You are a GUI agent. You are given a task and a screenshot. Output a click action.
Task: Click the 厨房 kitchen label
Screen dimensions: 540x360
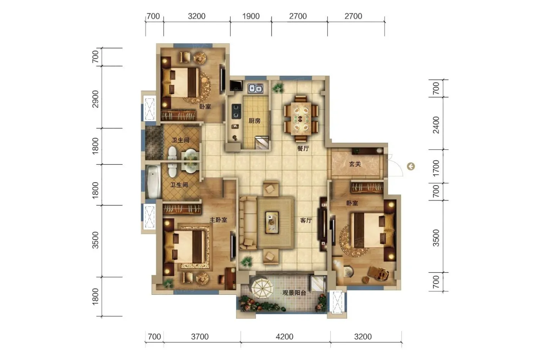[255, 120]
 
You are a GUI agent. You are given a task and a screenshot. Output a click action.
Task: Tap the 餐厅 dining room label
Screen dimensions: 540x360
[303, 148]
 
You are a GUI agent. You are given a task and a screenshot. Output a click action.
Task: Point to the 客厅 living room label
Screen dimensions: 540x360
[306, 220]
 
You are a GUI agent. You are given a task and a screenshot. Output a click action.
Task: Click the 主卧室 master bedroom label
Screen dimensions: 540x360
[218, 220]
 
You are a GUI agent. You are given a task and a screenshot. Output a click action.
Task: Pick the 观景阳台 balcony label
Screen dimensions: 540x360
[294, 293]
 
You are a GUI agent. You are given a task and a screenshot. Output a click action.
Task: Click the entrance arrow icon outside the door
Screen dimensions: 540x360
[411, 166]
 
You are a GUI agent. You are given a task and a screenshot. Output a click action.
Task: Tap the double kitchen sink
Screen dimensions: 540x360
[255, 88]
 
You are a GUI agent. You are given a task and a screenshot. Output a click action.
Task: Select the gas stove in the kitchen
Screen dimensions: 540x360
[236, 111]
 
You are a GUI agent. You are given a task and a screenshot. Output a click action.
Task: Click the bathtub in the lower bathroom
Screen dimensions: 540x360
[154, 181]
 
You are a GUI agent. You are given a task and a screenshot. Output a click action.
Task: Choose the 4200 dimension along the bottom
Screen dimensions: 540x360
[285, 336]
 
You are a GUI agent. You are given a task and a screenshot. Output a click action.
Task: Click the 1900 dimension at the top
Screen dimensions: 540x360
[251, 16]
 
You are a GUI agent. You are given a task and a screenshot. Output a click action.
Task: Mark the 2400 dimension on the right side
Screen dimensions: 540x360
[436, 125]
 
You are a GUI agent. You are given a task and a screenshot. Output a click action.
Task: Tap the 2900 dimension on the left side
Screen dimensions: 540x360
[96, 99]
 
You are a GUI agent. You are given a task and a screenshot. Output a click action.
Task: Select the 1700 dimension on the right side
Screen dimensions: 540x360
[436, 168]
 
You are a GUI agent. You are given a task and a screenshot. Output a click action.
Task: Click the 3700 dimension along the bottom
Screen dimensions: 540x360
[200, 336]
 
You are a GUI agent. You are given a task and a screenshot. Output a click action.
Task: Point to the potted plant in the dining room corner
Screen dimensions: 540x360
[278, 88]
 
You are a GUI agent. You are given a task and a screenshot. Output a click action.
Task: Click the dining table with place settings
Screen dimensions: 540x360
[301, 118]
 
